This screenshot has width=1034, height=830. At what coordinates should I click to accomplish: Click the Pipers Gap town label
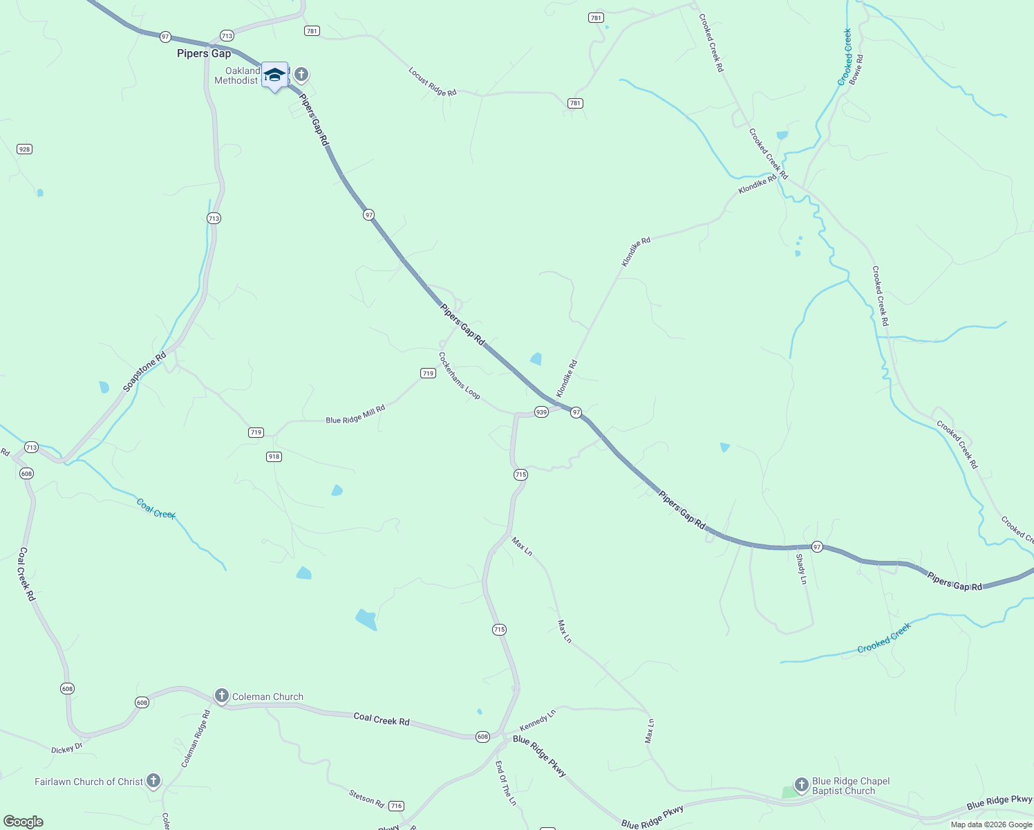tap(204, 53)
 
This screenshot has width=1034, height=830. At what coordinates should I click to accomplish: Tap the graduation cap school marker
tap(274, 75)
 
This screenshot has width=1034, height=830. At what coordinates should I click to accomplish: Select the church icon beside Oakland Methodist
tap(301, 75)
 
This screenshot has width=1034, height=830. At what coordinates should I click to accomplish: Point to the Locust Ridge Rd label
tap(433, 82)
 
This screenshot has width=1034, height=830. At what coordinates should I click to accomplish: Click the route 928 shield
tap(25, 149)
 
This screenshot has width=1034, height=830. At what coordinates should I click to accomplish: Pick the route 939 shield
tap(541, 412)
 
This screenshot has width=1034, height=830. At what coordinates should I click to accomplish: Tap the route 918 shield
tap(274, 456)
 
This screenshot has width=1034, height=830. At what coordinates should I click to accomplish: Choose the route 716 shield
tap(396, 806)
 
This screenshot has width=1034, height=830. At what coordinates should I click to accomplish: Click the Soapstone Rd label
tap(144, 372)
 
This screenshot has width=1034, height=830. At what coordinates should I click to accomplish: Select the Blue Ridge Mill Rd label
tap(355, 415)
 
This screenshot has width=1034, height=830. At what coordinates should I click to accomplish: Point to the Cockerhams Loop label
tap(459, 376)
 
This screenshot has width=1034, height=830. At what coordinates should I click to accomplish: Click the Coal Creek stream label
tap(156, 509)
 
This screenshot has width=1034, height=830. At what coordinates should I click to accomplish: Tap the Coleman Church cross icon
tap(222, 696)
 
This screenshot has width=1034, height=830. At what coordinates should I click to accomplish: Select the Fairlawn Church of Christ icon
tap(153, 781)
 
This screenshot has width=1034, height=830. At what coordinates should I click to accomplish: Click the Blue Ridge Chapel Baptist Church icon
tap(802, 784)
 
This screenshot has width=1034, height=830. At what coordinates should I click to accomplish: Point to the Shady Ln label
tap(802, 569)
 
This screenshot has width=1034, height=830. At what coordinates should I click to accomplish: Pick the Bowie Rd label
tap(856, 69)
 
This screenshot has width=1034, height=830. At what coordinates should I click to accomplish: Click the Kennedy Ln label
tap(538, 721)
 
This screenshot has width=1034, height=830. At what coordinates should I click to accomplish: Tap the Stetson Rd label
tap(366, 798)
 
